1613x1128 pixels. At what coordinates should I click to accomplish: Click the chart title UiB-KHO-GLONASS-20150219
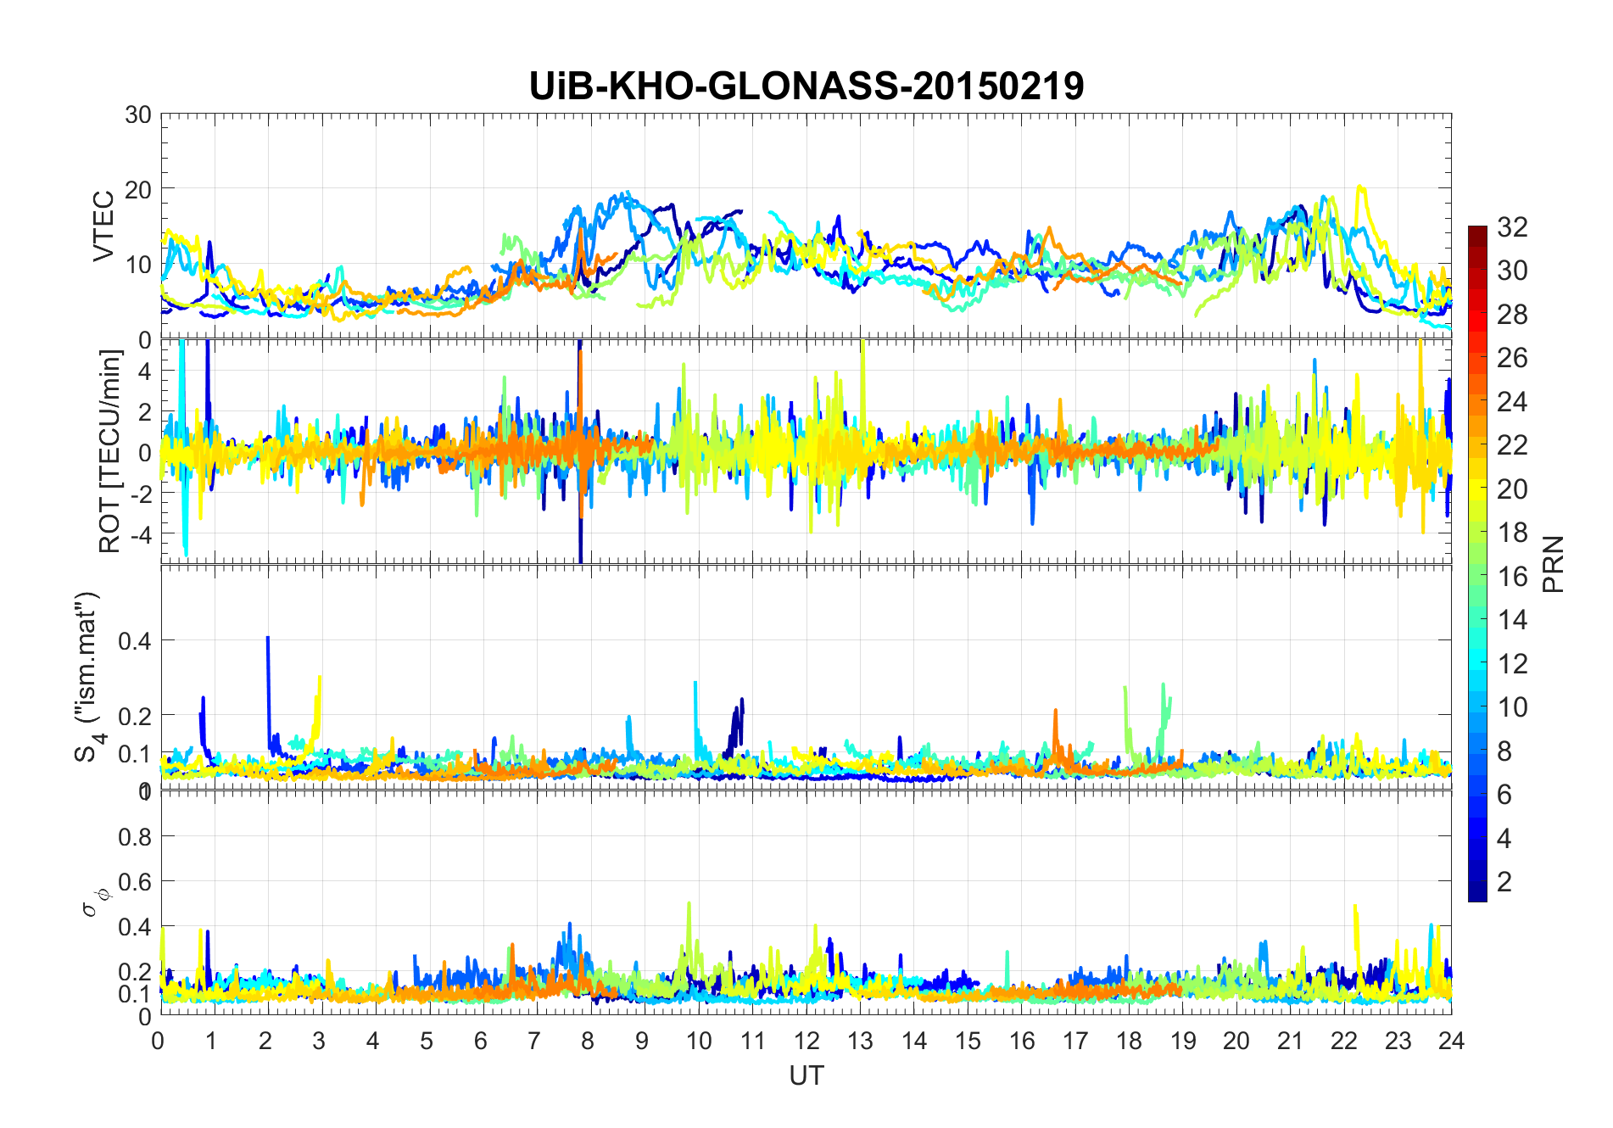[806, 87]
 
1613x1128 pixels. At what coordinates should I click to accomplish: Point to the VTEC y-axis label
[103, 226]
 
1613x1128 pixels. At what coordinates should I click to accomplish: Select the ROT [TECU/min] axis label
[110, 451]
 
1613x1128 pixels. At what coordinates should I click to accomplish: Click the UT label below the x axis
[806, 1075]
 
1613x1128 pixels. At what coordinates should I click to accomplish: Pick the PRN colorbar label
[1553, 564]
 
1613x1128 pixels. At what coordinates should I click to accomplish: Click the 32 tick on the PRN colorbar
[1512, 226]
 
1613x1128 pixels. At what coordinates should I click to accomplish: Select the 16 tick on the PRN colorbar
[1512, 576]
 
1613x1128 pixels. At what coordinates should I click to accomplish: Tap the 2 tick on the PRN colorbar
[1504, 881]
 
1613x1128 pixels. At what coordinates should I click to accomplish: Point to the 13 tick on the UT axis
[860, 1041]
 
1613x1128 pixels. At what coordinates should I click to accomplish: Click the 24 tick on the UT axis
[1451, 1041]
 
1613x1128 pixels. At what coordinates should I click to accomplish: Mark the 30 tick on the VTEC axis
[138, 114]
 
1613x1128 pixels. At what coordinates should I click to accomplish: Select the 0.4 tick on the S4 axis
[134, 640]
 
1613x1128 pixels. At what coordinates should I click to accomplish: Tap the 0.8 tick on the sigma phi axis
[134, 836]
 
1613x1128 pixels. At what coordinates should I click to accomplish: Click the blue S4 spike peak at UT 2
[268, 638]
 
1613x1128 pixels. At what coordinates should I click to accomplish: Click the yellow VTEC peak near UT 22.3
[1359, 187]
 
